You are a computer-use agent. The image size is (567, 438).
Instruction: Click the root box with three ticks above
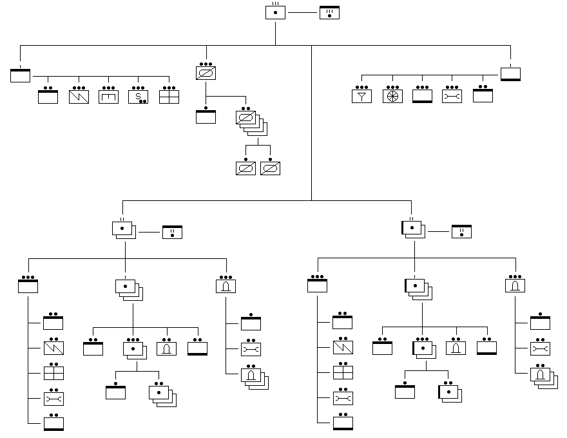point(275,12)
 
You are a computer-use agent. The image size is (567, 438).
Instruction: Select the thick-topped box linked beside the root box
point(329,12)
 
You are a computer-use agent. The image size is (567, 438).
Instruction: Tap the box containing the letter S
point(138,97)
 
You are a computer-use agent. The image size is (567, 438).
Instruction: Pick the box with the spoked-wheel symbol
point(392,96)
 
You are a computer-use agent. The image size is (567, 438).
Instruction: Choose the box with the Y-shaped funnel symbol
point(361,96)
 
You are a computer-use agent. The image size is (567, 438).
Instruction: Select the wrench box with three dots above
point(452,96)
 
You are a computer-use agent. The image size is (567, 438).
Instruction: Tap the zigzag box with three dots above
point(79,97)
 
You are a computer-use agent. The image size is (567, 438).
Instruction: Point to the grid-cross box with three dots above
point(169,97)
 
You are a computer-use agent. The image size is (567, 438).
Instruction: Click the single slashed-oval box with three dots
point(206,73)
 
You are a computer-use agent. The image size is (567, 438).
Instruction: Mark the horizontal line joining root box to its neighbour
point(302,12)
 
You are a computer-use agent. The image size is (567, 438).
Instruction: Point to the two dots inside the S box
point(142,101)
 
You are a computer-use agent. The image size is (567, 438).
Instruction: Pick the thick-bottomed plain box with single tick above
point(510,73)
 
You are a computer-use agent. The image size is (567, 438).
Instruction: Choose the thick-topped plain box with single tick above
point(21,75)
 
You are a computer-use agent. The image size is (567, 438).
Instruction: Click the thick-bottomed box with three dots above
point(421,96)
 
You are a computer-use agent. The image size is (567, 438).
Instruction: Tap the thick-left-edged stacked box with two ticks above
point(412,229)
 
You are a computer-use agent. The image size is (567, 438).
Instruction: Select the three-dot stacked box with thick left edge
point(423,348)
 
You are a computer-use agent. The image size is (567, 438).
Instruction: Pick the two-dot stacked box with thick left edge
point(448,392)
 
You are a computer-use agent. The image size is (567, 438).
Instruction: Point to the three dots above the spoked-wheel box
point(392,86)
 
